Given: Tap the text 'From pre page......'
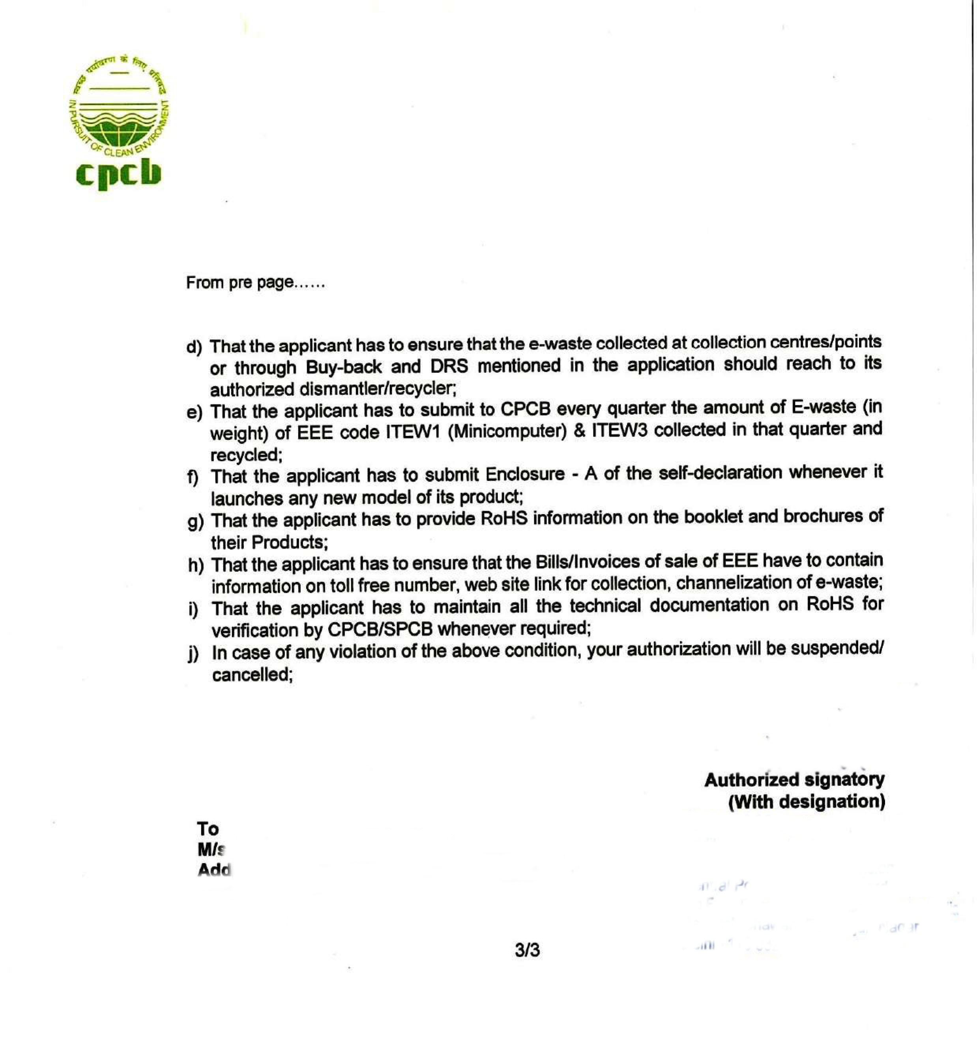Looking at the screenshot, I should pos(255,283).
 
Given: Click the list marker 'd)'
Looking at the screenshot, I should pos(194,347).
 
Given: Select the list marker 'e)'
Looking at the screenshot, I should pos(194,413).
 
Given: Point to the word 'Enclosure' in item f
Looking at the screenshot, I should pos(525,475).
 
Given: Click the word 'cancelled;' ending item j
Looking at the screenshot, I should pos(252,675).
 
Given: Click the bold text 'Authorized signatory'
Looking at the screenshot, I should pos(794,780).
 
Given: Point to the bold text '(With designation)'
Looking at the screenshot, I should pos(807,802).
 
